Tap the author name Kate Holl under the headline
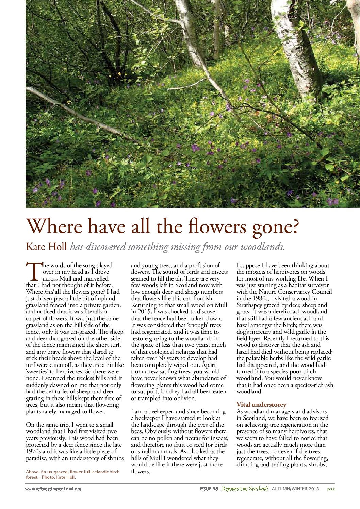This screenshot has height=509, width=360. click(46, 246)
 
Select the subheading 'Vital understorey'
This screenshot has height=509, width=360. click(261, 405)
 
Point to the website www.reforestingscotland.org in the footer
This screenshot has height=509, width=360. click(53, 489)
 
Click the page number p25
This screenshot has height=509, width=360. click(331, 489)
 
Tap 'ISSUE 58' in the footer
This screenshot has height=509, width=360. click(209, 489)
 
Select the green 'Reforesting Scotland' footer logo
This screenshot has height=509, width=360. click(245, 489)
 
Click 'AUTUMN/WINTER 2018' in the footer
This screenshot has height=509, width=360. click(295, 489)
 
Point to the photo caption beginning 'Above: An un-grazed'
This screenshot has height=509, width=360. click(72, 474)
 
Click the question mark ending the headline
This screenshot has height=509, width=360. click(293, 226)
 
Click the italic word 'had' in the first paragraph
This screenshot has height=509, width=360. click(49, 292)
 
